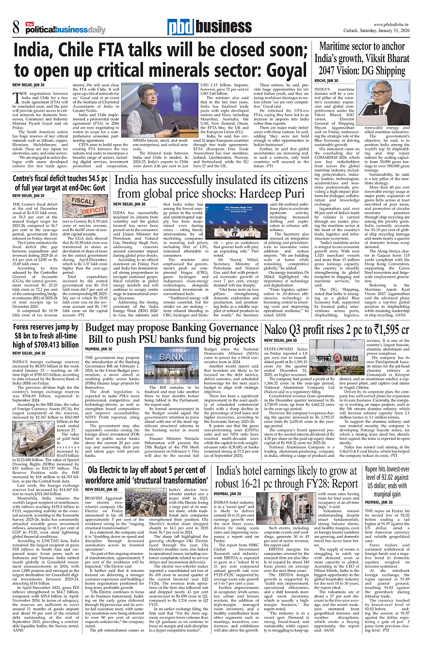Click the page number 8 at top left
pos(16,28)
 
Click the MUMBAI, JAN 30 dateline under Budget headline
pos(99,349)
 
